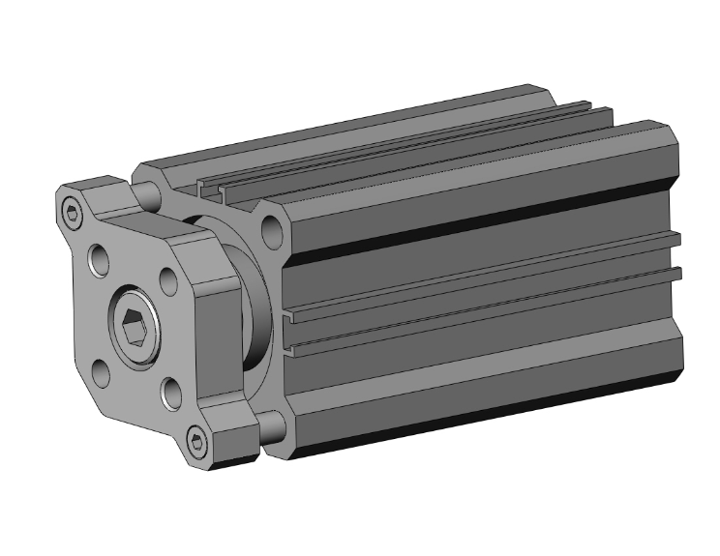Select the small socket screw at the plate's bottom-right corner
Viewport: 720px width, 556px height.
[x=199, y=442]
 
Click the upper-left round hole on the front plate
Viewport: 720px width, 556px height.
[x=100, y=258]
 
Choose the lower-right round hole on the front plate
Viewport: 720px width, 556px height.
[x=171, y=392]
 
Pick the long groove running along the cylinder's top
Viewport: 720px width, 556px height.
[x=406, y=145]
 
